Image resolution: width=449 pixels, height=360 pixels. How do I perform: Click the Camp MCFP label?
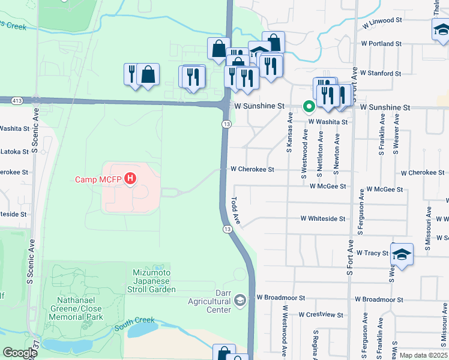pos(99,179)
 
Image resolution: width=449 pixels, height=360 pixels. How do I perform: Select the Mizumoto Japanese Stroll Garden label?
pos(154,281)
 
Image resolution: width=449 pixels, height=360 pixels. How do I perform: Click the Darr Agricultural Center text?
pos(209,305)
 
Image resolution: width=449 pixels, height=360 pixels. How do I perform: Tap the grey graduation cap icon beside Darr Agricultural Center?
pos(240,299)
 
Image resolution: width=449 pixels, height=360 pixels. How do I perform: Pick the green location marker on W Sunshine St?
pos(309,107)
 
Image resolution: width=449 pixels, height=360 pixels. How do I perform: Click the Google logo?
pos(20,353)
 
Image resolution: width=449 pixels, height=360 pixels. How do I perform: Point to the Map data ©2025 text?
pos(423,355)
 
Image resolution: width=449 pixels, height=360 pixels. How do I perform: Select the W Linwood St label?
pos(382,20)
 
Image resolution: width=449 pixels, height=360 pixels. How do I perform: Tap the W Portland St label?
pos(381,44)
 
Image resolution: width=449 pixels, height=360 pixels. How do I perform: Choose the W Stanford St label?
pos(381,73)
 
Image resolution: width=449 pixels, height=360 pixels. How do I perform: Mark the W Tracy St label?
pos(372,253)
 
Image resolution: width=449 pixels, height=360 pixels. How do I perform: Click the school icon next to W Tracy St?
pos(402,254)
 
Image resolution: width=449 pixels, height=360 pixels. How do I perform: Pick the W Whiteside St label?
pos(322,219)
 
